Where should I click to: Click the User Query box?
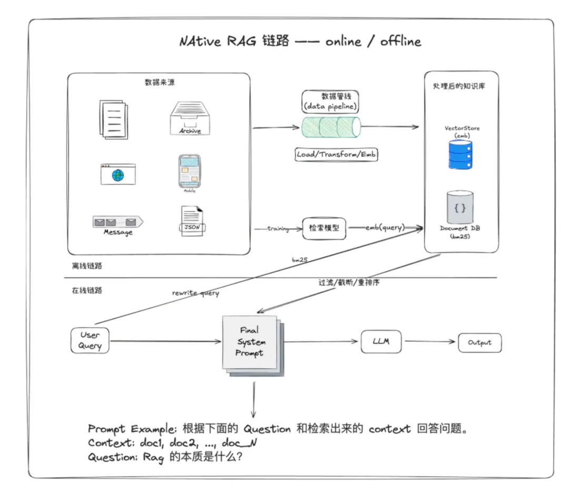pos(90,340)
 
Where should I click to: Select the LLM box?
pos(380,341)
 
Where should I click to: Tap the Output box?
pos(479,342)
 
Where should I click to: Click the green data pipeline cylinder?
pos(331,127)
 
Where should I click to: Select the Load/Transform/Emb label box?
pos(337,155)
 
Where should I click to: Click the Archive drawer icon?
pos(190,119)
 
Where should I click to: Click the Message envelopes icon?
pos(118,222)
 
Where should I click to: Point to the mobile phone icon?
pos(190,171)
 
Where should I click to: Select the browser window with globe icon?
pos(118,174)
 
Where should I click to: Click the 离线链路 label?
pos(87,266)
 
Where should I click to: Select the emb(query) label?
pos(385,227)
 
